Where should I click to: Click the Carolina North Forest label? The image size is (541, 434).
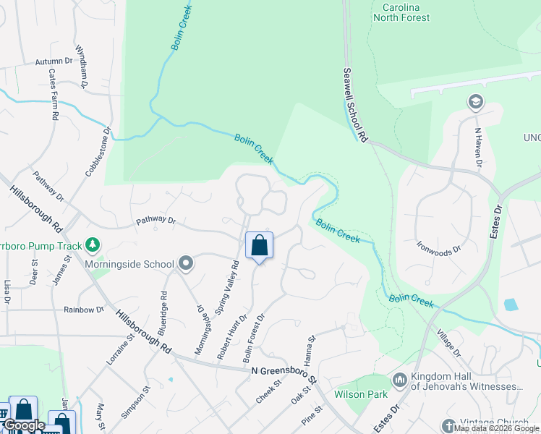[401, 12]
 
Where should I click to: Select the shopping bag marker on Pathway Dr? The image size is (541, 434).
[259, 246]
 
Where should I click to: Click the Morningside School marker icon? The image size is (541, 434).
[187, 264]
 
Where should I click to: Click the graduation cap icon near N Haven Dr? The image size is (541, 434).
[475, 101]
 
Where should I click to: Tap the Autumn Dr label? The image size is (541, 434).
[54, 62]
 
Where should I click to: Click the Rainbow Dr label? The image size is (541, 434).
[84, 310]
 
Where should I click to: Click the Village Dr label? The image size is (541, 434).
[448, 342]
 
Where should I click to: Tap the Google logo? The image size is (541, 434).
[24, 425]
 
